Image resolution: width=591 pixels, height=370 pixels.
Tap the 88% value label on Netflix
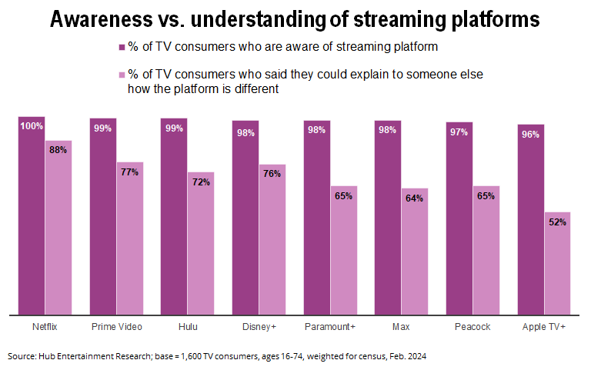(x=58, y=150)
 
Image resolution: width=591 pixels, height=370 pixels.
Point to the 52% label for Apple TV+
(x=558, y=222)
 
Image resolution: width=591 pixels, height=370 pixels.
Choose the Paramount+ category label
(x=329, y=327)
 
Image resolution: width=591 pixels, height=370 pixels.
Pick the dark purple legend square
(x=122, y=47)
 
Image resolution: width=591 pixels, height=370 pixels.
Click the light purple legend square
(x=122, y=75)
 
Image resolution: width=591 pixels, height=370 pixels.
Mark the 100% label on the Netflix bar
(x=32, y=126)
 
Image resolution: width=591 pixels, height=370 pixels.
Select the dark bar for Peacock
(x=459, y=223)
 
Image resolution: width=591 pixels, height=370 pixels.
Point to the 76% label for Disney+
(x=272, y=174)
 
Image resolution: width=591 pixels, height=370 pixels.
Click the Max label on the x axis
(x=401, y=327)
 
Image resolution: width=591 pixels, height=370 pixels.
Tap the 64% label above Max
(x=415, y=198)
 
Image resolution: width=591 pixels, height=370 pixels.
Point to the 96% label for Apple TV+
(x=531, y=135)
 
